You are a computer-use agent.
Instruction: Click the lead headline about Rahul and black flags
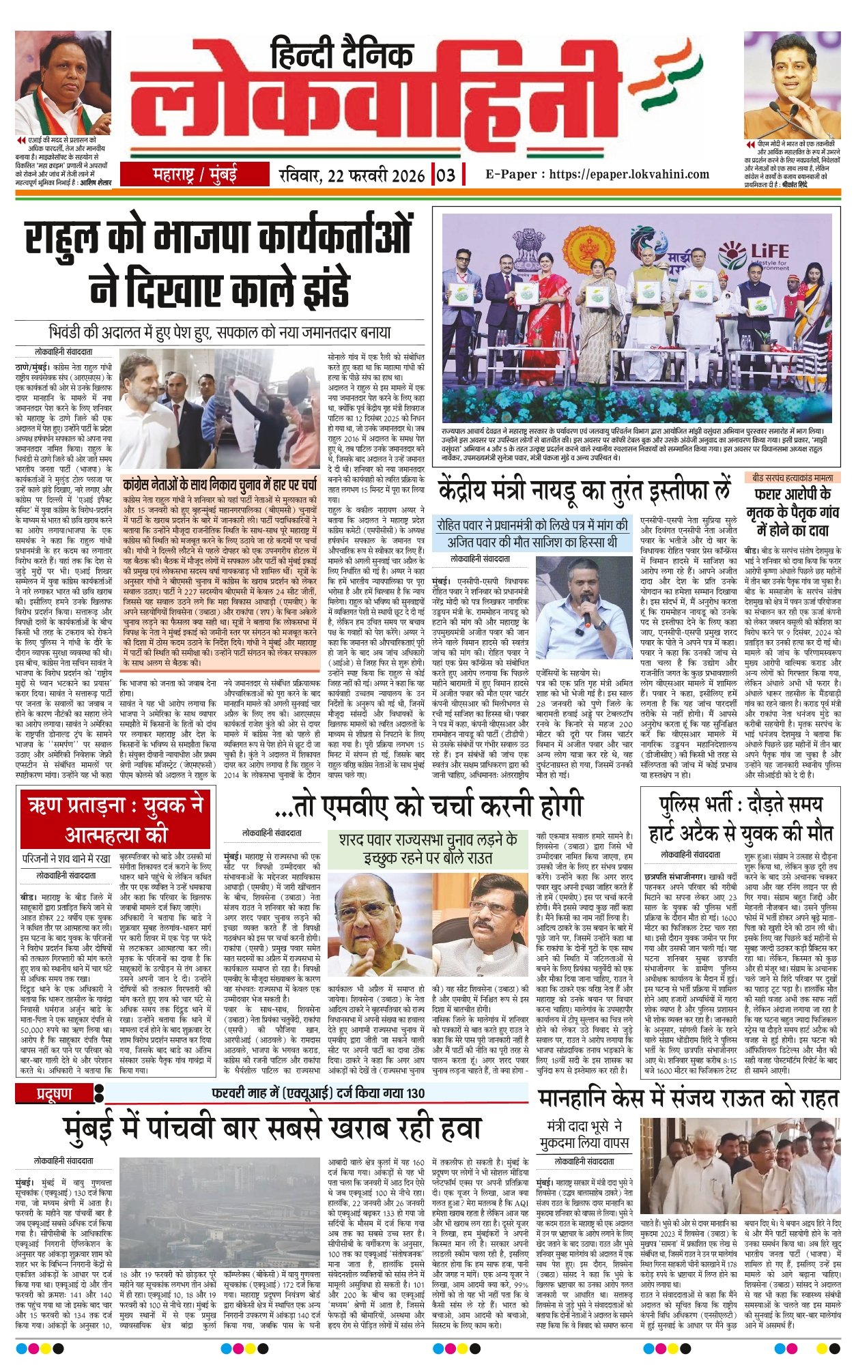[219, 264]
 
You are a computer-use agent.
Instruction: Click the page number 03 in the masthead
[445, 175]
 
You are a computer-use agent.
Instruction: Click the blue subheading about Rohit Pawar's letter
[532, 534]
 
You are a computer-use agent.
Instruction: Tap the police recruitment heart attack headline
[741, 819]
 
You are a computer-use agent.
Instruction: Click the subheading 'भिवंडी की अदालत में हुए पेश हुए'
[220, 333]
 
